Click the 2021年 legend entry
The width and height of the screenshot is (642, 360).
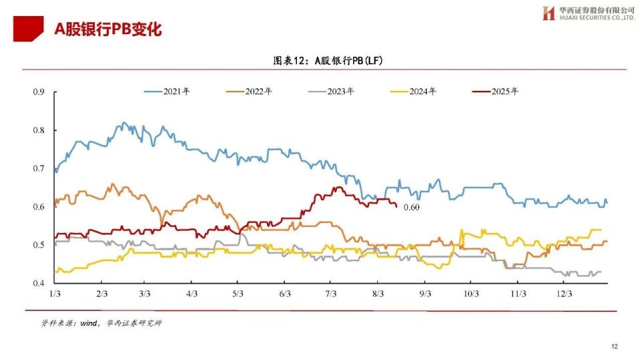[167, 91]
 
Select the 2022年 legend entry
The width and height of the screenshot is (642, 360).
[249, 91]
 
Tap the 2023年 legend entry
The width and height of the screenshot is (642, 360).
[331, 91]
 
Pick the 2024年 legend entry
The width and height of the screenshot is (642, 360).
[413, 91]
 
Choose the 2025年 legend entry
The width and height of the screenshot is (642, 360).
[495, 91]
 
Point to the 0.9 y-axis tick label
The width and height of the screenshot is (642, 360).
[39, 92]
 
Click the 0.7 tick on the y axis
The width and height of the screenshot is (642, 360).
[39, 169]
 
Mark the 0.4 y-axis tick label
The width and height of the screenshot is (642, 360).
[39, 283]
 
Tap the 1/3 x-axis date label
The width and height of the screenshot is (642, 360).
[55, 294]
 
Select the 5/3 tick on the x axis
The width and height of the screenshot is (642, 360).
[238, 294]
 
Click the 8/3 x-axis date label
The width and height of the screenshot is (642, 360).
[378, 294]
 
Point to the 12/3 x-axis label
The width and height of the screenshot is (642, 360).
[564, 294]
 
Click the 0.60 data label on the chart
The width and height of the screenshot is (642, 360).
[411, 207]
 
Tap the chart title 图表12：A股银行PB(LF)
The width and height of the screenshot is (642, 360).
[328, 61]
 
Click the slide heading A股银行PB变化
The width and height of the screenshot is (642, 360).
[108, 29]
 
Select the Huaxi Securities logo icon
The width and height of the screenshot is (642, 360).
[548, 13]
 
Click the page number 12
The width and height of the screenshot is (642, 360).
[615, 347]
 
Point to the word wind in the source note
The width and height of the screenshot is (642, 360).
[88, 323]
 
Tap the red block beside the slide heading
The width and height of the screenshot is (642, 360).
[28, 28]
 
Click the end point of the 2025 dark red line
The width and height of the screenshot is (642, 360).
[397, 206]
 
